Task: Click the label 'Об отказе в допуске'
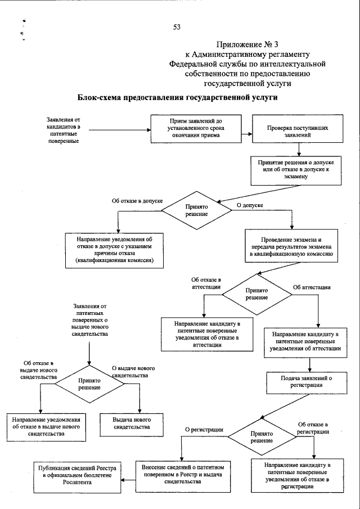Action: (x=137, y=200)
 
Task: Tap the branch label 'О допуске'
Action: (x=250, y=206)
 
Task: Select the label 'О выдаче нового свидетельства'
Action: (x=133, y=372)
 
